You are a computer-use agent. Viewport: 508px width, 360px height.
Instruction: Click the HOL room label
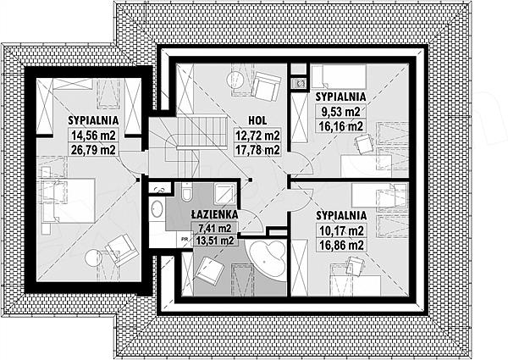(257, 120)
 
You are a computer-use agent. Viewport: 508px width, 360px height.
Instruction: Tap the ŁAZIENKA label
(214, 214)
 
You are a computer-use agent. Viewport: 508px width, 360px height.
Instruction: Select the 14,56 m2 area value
(93, 136)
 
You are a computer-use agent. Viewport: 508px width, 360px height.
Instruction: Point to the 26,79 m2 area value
(93, 149)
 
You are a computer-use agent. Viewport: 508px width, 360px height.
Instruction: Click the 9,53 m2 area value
(340, 112)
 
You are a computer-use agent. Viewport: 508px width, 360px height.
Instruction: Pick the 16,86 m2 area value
(341, 245)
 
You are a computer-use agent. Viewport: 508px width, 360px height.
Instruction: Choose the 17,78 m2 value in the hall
(257, 150)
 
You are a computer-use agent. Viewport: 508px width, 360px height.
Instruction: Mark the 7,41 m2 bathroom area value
(215, 229)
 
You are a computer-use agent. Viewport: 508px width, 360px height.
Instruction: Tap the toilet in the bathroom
(187, 191)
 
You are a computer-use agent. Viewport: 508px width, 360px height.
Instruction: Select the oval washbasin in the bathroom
(157, 209)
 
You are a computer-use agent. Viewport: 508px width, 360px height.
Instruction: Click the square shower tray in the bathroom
(224, 194)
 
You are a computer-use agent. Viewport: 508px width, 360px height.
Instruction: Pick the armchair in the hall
(265, 86)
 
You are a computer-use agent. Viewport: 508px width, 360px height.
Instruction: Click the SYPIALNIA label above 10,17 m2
(341, 216)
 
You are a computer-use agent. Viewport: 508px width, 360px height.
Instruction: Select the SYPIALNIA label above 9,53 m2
(341, 97)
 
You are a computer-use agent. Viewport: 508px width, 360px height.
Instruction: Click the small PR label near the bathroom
(185, 240)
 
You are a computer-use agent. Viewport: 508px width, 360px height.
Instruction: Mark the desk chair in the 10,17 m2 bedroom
(355, 267)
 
